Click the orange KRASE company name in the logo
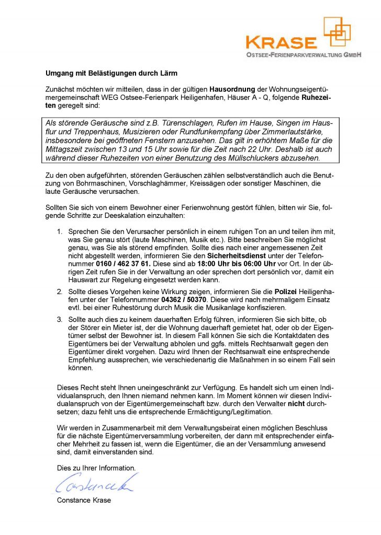coord(281,42)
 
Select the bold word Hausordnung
coord(233,89)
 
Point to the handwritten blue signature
coord(94,484)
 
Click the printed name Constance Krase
coord(84,500)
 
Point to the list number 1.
coord(60,231)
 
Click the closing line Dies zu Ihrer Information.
coord(96,468)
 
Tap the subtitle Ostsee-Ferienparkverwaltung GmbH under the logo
coord(304,54)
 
